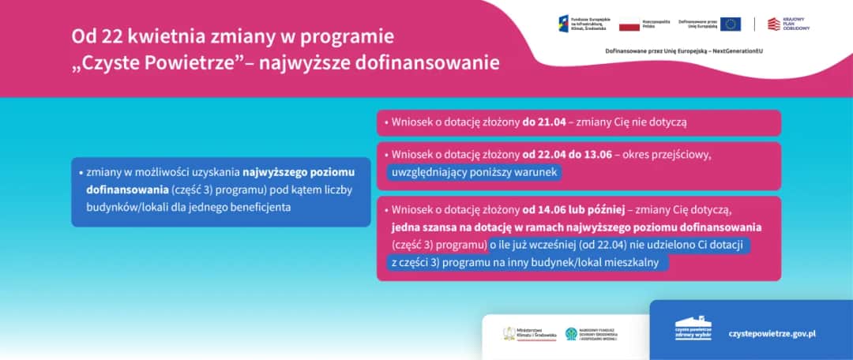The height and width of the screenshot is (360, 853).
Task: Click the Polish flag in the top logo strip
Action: tap(629, 25)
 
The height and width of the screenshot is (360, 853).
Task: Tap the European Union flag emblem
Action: tap(730, 24)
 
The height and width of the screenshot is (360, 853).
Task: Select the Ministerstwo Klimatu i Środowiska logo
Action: tap(511, 333)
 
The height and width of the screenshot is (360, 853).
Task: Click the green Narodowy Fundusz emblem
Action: tap(571, 334)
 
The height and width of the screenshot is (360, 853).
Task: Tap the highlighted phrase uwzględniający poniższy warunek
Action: tap(475, 172)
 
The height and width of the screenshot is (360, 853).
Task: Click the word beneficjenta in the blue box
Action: tap(259, 208)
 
